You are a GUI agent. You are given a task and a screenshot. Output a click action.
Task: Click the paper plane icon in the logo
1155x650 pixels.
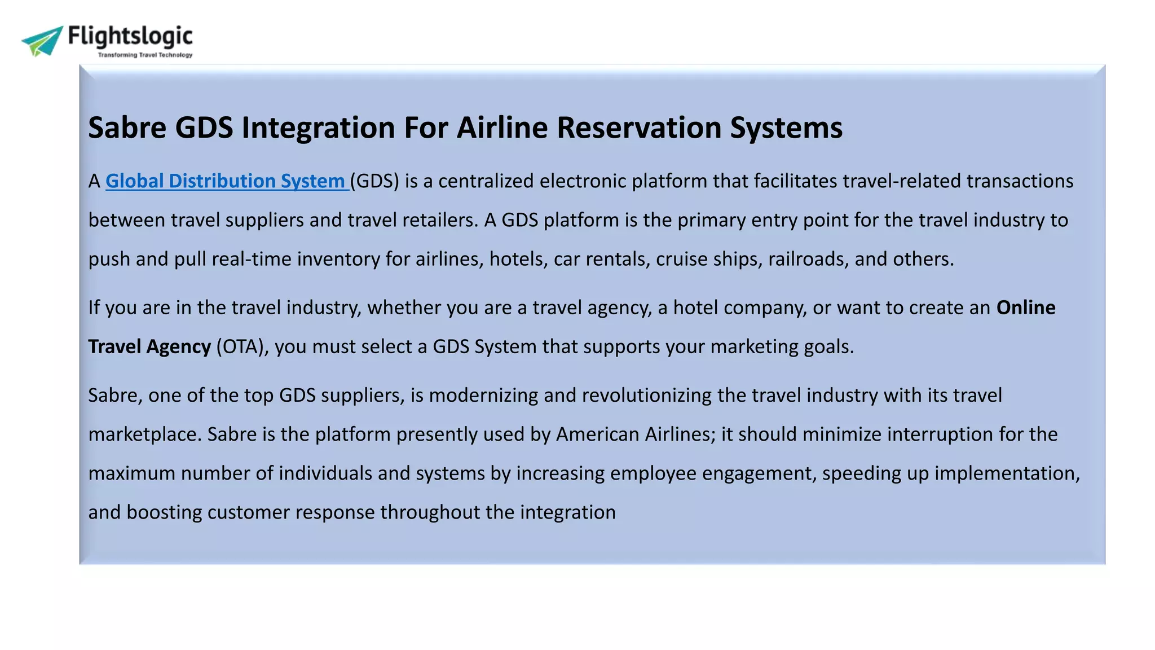[42, 41]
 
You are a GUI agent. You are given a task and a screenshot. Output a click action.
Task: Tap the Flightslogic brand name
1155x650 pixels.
[130, 36]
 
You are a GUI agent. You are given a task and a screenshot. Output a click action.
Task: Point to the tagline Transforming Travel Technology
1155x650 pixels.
[145, 55]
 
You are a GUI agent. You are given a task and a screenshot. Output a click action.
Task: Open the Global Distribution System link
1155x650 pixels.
[226, 181]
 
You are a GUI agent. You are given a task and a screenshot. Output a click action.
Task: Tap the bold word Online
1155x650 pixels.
[1025, 308]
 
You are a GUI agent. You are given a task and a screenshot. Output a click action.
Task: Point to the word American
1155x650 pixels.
[597, 434]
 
